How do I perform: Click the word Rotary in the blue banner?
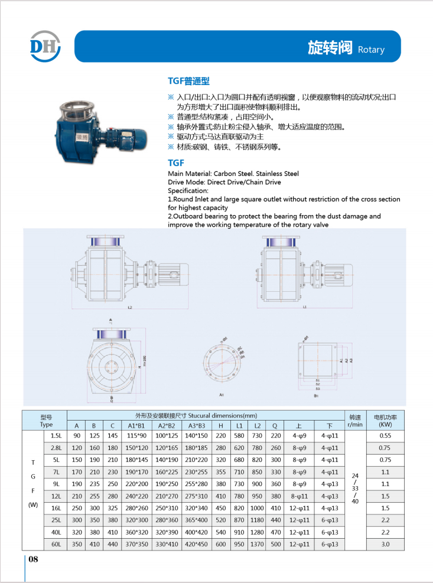[371, 50]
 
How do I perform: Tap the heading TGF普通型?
[188, 82]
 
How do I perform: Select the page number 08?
[34, 560]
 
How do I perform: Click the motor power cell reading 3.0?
[385, 543]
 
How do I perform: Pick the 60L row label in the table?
[56, 543]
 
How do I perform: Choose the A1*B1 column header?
[136, 425]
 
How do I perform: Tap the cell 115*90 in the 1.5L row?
[136, 436]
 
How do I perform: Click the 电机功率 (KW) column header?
[385, 421]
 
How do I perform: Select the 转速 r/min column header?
[354, 421]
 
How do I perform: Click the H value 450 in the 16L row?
[220, 508]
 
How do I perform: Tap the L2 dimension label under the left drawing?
[129, 308]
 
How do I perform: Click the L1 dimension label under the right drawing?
[305, 307]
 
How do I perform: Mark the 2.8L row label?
[56, 448]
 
